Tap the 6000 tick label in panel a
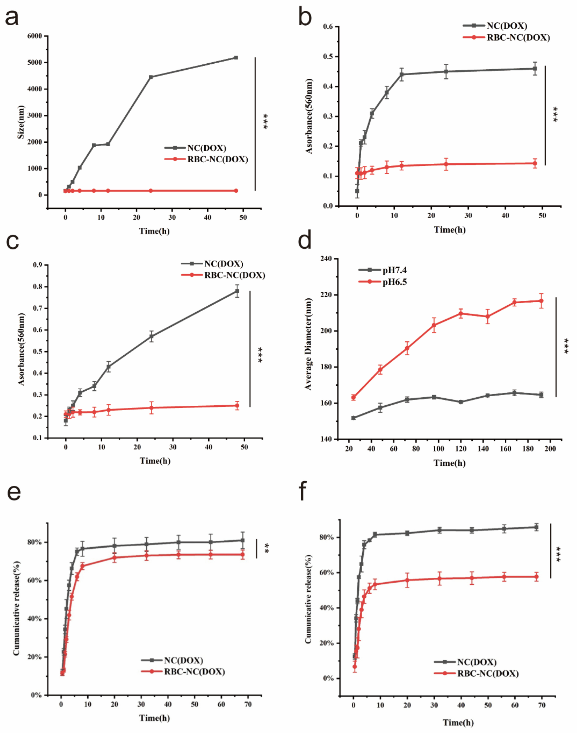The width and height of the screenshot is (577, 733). (35, 36)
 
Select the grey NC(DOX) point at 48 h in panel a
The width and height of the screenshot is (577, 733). (236, 57)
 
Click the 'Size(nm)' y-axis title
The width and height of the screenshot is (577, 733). (21, 122)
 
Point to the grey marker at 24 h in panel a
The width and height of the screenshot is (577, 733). (151, 77)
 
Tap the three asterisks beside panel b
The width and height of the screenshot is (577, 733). (555, 115)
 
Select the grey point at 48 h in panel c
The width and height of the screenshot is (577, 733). (237, 291)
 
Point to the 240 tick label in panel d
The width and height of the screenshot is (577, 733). (326, 259)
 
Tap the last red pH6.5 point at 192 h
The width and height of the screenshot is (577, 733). (541, 301)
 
